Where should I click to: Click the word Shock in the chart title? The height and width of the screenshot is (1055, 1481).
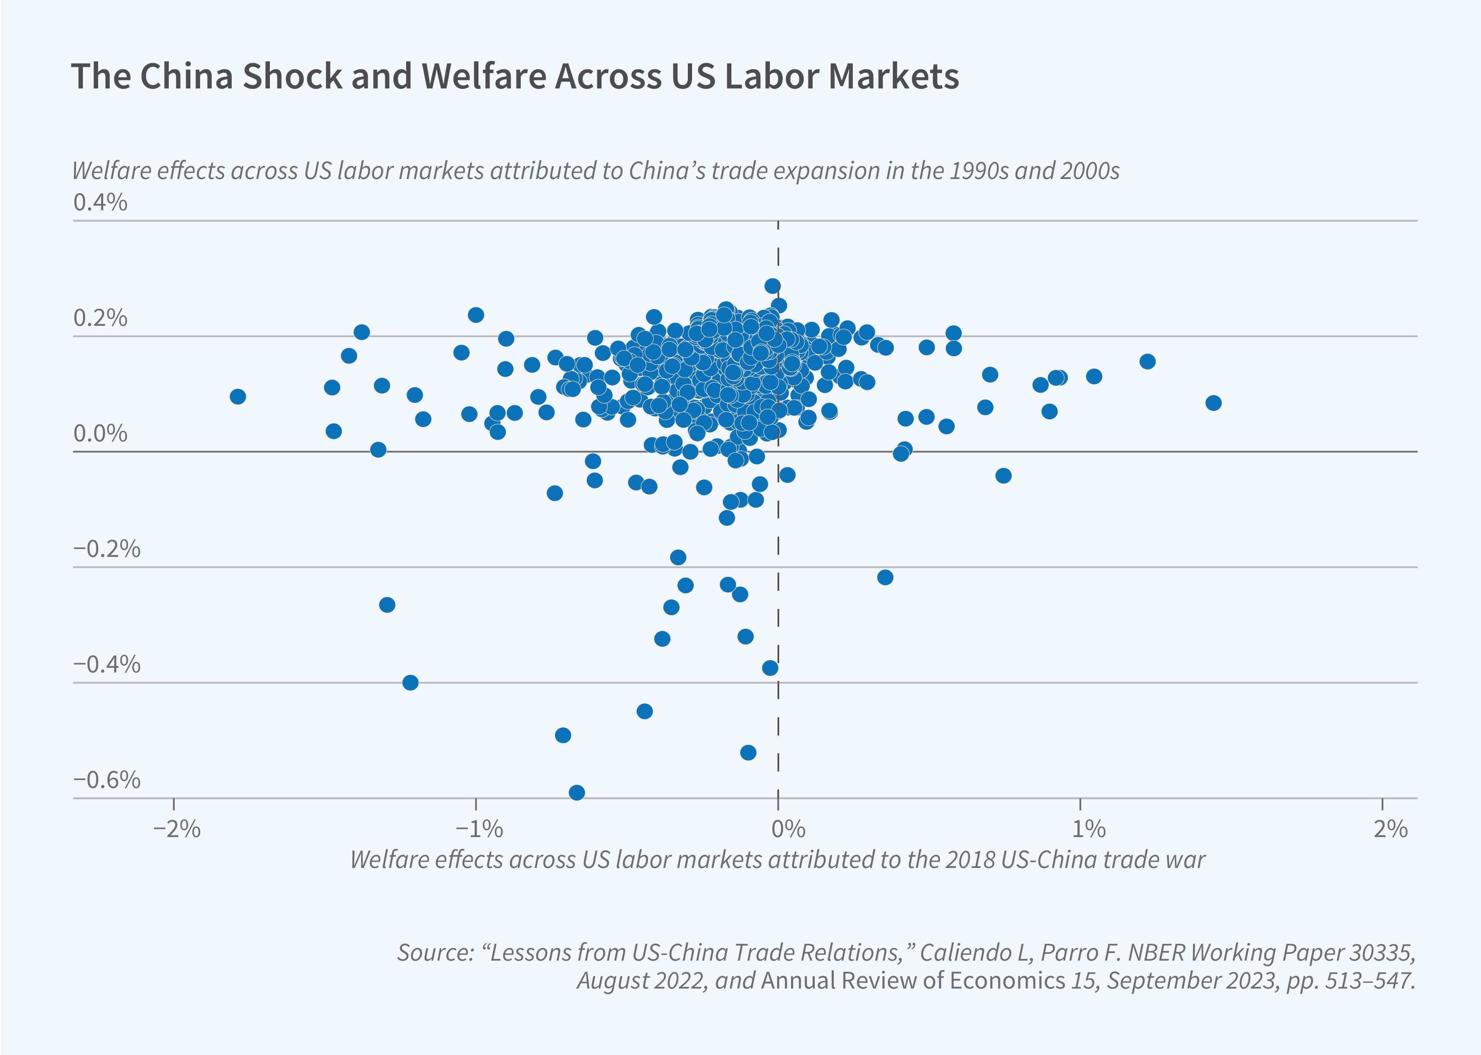(291, 76)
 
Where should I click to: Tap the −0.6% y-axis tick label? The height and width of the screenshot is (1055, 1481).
(107, 780)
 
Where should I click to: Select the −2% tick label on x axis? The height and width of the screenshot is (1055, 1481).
(176, 829)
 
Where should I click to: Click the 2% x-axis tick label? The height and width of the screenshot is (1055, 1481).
(1390, 829)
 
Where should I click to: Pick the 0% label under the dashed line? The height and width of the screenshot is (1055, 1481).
(788, 829)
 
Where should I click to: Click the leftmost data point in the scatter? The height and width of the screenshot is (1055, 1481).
(238, 396)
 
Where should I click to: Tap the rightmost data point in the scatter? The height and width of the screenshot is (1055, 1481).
(1213, 403)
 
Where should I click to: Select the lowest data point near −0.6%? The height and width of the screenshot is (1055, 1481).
(577, 793)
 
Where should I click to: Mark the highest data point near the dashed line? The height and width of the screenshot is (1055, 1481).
(772, 286)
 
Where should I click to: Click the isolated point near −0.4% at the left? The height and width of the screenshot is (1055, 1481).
(410, 683)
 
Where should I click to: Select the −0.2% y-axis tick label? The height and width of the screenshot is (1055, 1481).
(107, 549)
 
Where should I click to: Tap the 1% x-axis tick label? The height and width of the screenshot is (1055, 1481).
(1088, 829)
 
